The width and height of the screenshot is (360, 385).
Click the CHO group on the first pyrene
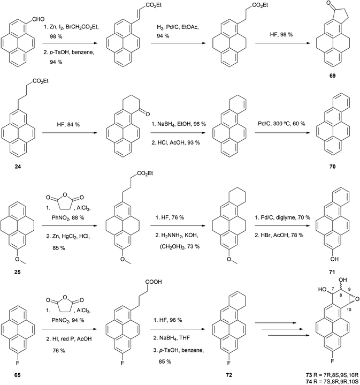tap(39, 19)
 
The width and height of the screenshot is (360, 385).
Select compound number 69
tap(332, 76)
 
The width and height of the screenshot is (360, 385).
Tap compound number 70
tap(332, 167)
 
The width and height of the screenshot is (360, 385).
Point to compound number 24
tap(18, 167)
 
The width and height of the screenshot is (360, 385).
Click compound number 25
tap(18, 272)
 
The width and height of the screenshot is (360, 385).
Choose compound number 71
tap(332, 272)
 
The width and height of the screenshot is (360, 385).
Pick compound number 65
tap(18, 375)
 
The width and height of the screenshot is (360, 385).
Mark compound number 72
tap(228, 375)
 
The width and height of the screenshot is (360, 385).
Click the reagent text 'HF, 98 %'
tap(281, 35)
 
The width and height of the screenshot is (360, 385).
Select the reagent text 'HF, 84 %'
tap(68, 125)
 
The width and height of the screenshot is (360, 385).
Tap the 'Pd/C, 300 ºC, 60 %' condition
tap(281, 124)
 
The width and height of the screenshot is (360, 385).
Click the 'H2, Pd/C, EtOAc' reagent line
tap(178, 27)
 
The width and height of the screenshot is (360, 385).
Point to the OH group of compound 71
tap(334, 259)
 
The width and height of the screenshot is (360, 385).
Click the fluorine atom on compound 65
tap(18, 363)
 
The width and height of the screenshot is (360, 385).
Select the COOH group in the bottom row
tap(154, 282)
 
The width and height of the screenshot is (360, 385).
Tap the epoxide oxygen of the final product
tap(357, 299)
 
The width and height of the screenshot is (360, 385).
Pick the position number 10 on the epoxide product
tap(349, 310)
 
